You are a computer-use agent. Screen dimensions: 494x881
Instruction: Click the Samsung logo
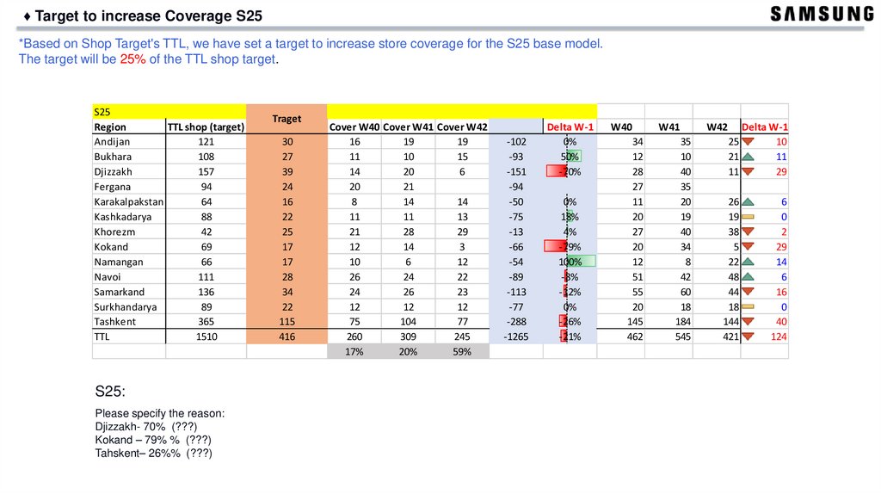click(x=821, y=15)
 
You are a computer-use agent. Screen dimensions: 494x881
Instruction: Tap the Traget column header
click(x=286, y=119)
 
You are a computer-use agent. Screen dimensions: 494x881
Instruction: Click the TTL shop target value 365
click(x=206, y=322)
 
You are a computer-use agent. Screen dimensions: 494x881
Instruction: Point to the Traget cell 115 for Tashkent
click(x=286, y=322)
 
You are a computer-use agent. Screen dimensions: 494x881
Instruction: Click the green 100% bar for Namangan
click(x=582, y=262)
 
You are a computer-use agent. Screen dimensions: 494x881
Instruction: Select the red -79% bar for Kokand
click(x=556, y=247)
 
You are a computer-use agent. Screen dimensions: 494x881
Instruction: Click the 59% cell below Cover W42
click(x=462, y=352)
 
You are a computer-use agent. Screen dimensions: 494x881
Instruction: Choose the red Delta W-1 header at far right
click(x=766, y=127)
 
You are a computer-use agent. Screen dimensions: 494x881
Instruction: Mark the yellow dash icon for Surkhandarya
click(x=748, y=306)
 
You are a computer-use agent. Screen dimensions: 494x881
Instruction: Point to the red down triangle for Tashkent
click(x=748, y=322)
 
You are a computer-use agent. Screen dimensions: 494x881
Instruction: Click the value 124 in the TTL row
click(x=778, y=337)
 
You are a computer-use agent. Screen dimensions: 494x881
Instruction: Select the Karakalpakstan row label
click(x=128, y=201)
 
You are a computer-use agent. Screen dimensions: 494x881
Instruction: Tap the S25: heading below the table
click(x=110, y=392)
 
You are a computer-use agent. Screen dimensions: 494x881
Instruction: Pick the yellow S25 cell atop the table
click(x=169, y=112)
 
